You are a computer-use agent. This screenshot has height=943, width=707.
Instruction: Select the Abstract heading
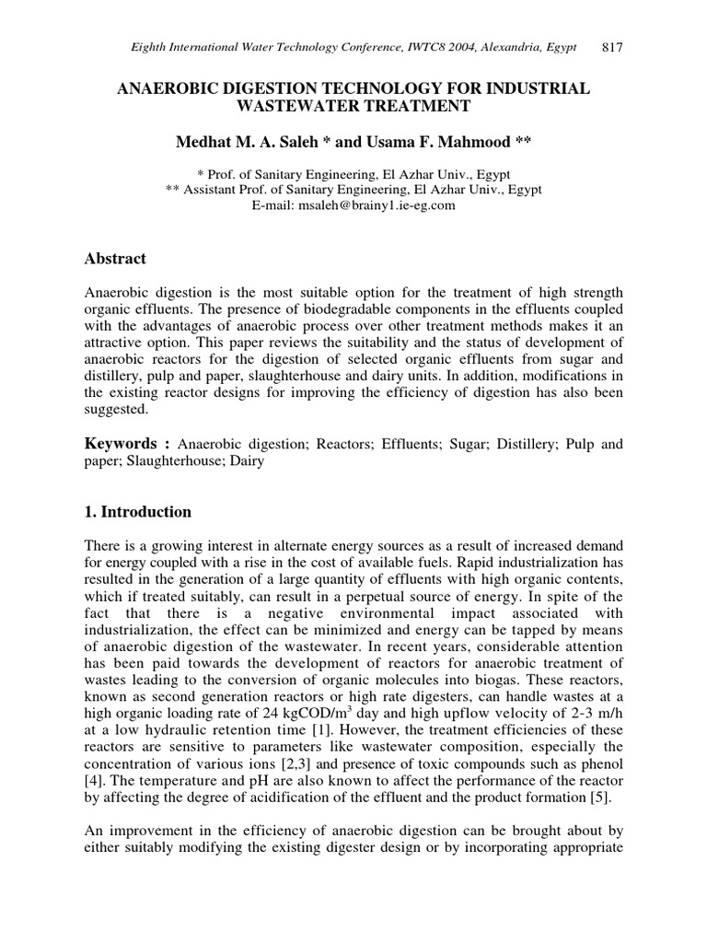click(x=115, y=259)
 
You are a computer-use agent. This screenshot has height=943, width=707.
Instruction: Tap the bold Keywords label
click(x=121, y=444)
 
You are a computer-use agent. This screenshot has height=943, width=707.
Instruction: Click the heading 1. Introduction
click(x=138, y=512)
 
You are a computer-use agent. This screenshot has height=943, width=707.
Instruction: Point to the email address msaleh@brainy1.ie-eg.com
click(x=374, y=205)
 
